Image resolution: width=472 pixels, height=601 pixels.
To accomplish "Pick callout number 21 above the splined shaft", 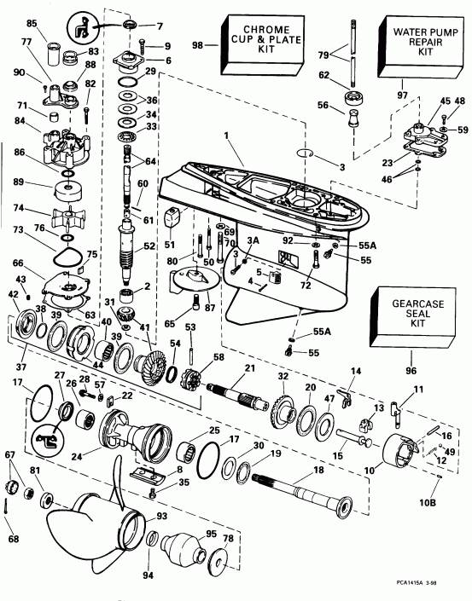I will (251, 367).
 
